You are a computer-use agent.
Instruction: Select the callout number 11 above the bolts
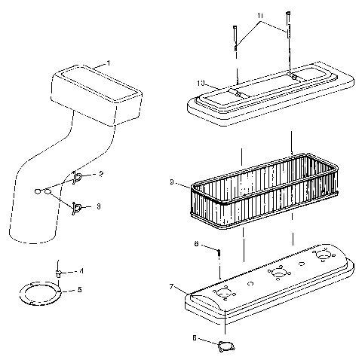pos(259,15)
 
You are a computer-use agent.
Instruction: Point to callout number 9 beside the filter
pos(173,182)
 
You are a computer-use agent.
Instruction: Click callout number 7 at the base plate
pos(173,287)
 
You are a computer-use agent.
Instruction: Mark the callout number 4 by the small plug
pos(81,270)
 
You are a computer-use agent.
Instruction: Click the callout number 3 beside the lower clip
pos(98,205)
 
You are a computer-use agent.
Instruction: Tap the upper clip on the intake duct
pos(78,177)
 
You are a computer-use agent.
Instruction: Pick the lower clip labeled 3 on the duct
pos(78,205)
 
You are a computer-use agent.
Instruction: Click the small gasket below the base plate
pos(223,346)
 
